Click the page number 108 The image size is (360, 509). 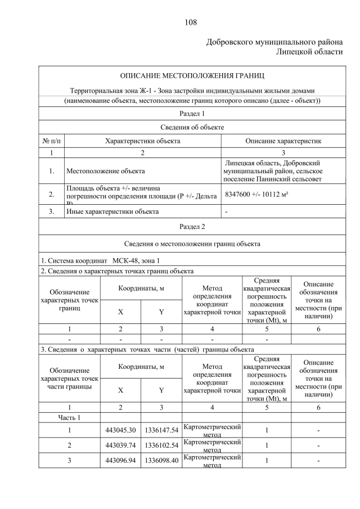point(190,22)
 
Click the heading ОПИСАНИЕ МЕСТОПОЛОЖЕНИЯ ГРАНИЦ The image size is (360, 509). point(192,75)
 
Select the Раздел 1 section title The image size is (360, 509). point(192,114)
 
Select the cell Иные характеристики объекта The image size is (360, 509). point(112,212)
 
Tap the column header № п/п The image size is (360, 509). point(51,140)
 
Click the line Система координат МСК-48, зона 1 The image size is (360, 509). point(100,260)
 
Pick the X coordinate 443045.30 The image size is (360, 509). point(120,430)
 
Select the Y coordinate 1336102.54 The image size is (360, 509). point(161,445)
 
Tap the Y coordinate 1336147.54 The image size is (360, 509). point(161,430)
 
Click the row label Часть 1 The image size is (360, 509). point(70,417)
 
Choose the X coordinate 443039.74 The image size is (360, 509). point(120,445)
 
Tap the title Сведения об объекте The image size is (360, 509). point(192,127)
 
